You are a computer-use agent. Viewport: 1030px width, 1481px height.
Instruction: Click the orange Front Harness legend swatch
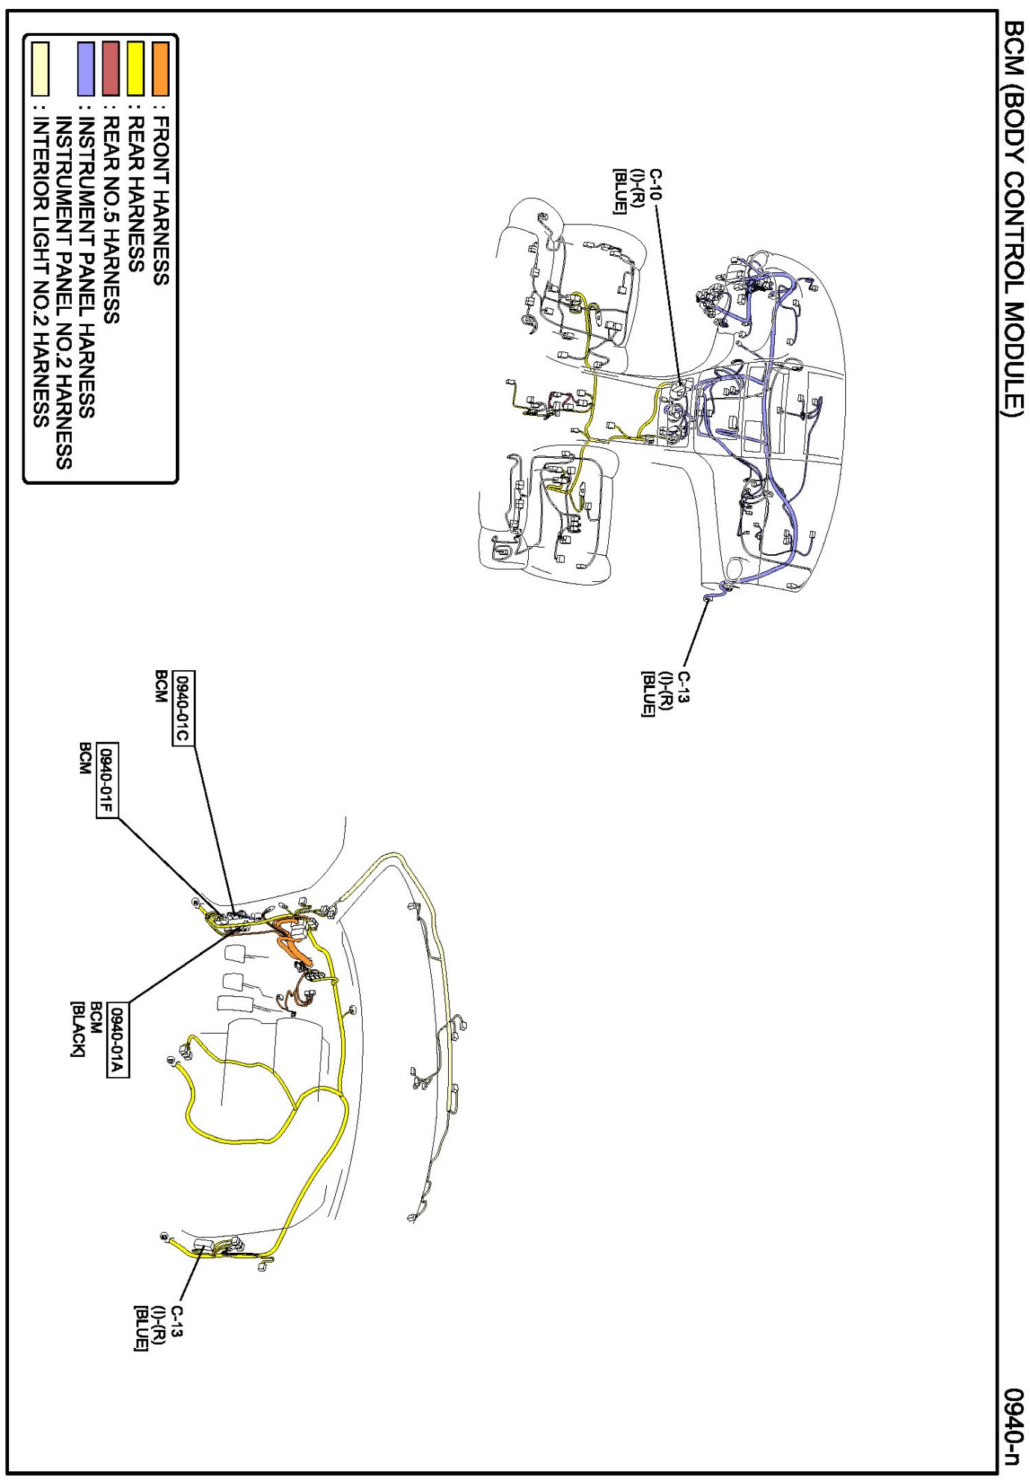pos(160,69)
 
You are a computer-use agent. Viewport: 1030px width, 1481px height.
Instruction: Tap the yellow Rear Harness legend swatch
pos(135,69)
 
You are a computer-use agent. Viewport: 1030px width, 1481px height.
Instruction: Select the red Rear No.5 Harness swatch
pos(111,69)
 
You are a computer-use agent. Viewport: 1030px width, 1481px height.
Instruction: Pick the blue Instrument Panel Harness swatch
pos(86,69)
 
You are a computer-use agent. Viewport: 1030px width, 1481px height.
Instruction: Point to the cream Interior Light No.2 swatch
pos(40,69)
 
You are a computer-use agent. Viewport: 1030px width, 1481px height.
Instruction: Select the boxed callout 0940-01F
pos(108,780)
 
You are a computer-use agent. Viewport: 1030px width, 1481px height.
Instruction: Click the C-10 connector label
pos(655,184)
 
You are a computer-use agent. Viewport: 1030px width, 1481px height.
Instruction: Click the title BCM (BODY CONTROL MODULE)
pos(1013,217)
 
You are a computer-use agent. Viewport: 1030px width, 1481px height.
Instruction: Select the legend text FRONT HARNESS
pos(160,200)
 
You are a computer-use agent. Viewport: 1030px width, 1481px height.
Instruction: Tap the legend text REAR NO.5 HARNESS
pos(111,219)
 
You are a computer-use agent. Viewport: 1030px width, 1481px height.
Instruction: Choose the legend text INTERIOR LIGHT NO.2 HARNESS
pos(40,270)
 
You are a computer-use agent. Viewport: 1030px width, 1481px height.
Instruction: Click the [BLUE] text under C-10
pos(619,191)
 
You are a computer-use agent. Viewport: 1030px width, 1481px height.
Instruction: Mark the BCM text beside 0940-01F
pos(85,758)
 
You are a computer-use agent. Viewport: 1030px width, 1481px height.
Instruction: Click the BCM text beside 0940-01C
pos(160,687)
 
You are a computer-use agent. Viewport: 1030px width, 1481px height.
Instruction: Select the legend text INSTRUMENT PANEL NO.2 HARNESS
pos(64,292)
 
